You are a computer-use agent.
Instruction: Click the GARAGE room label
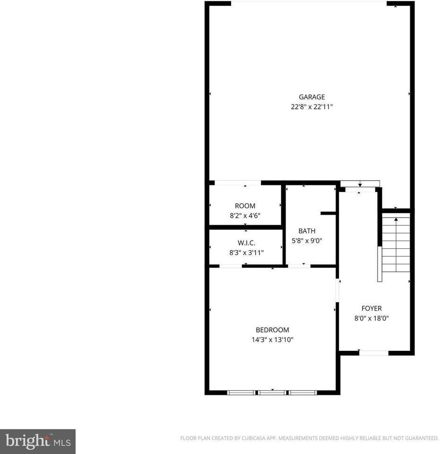click(311, 97)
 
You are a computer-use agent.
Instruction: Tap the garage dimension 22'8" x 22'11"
click(311, 107)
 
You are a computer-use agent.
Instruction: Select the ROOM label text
click(245, 206)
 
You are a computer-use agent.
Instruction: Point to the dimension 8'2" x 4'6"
click(245, 215)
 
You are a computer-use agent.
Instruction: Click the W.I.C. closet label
click(246, 243)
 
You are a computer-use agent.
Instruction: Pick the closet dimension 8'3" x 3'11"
click(246, 253)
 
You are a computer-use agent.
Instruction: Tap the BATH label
click(307, 231)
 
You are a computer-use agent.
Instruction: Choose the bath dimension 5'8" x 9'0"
click(307, 241)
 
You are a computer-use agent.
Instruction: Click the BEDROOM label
click(272, 330)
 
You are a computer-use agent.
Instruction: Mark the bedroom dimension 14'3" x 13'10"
click(272, 340)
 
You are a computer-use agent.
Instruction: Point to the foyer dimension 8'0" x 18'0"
click(371, 318)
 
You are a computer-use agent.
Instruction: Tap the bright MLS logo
click(37, 442)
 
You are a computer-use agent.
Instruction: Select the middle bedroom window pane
click(273, 393)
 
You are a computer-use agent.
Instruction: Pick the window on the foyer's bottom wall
click(374, 352)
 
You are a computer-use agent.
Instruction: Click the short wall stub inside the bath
click(328, 213)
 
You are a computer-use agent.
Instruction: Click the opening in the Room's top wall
click(237, 183)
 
